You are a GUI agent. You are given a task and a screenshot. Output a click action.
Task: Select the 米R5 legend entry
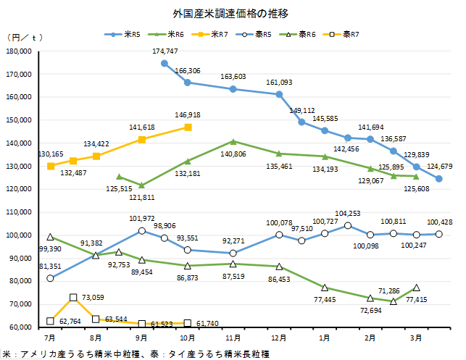[x=130, y=34]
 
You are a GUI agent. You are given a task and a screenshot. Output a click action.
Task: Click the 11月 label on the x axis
[x=233, y=338]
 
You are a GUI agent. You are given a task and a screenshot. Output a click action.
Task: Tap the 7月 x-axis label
[x=49, y=338]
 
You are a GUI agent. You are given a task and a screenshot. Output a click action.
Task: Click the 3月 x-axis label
[x=417, y=338]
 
